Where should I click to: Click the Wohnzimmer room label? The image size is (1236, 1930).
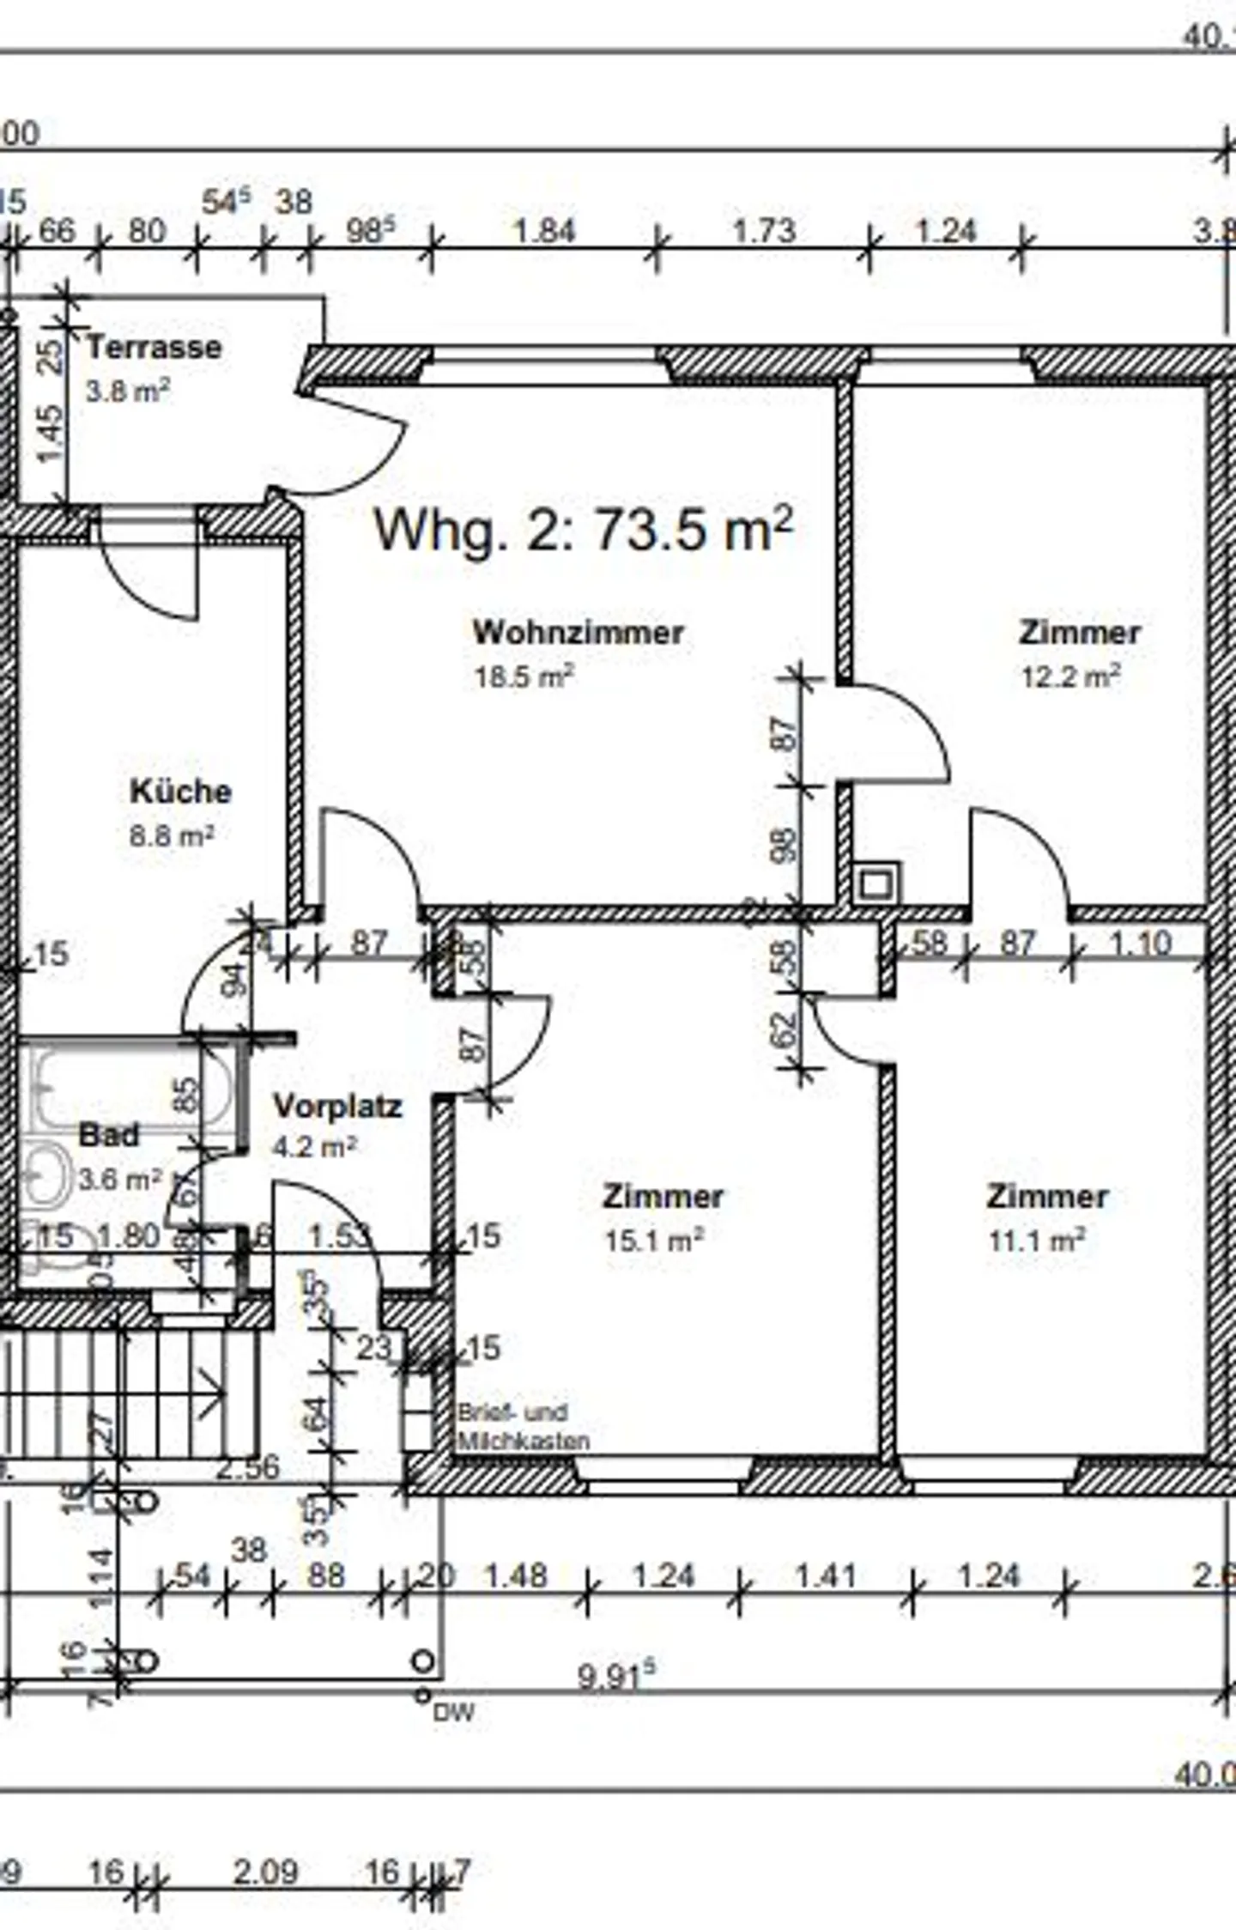579,633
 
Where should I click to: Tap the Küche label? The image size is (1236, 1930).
180,791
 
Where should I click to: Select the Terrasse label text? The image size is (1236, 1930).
154,348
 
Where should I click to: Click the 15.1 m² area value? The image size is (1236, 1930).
654,1240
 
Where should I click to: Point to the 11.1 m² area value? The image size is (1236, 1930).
1037,1240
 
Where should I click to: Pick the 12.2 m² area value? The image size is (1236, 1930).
1070,677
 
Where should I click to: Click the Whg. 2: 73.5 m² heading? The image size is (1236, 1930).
583,530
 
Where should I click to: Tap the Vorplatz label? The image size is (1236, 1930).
337,1106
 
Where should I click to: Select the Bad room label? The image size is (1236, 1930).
108,1135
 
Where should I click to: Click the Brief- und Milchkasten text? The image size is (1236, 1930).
523,1427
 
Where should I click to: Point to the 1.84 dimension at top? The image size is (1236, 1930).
543,231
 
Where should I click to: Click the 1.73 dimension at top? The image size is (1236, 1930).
764,231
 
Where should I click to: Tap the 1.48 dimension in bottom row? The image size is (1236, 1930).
516,1575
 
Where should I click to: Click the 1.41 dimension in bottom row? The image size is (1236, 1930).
825,1575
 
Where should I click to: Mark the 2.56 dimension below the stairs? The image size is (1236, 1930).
247,1467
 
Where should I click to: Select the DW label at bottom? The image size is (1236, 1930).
453,1713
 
